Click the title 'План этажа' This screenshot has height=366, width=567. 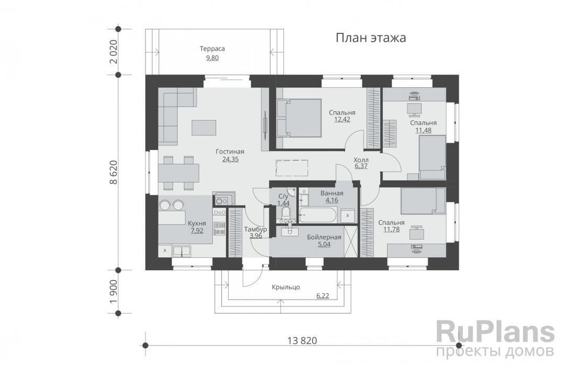coord(371,38)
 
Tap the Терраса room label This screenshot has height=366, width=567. coord(212,49)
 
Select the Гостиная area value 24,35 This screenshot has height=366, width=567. coord(230,158)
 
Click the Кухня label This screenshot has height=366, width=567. coord(197,223)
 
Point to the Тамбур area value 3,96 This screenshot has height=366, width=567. coord(256,236)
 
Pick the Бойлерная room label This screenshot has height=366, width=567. coord(324,237)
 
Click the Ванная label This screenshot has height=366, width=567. coord(332,193)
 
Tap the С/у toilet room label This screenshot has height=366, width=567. coord(283,197)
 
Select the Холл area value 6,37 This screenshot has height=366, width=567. coord(361,166)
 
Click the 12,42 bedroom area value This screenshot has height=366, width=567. coord(342,119)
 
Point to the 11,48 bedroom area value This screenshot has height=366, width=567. coord(424,130)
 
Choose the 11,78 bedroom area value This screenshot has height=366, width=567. coord(392,229)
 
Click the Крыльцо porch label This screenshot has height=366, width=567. coord(286,287)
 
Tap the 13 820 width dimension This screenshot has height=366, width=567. coord(302,340)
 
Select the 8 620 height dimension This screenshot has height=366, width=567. coord(113,173)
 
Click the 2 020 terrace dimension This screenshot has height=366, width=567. coord(113,52)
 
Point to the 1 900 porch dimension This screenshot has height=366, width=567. coord(113,292)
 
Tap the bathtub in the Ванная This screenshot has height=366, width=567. coord(318,215)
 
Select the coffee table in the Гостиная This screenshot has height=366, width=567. coord(204,128)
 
